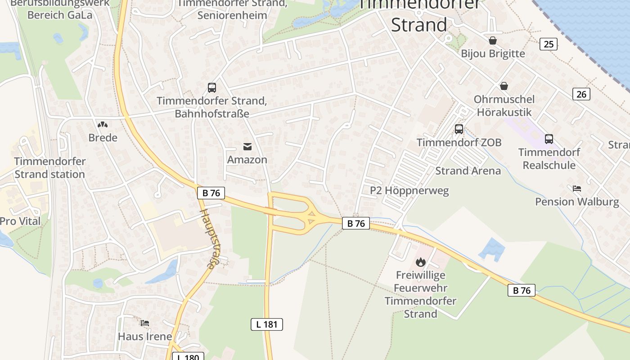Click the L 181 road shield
pyautogui.click(x=266, y=324)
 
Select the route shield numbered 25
pyautogui.click(x=548, y=44)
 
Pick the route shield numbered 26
pyautogui.click(x=581, y=94)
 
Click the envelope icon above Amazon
pyautogui.click(x=247, y=146)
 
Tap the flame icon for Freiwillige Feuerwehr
pyautogui.click(x=420, y=261)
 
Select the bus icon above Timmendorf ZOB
pyautogui.click(x=459, y=129)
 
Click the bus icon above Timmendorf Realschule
pyautogui.click(x=549, y=139)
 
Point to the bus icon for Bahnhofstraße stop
pyautogui.click(x=211, y=88)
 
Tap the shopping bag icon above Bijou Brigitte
pyautogui.click(x=493, y=40)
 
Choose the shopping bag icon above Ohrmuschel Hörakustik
pyautogui.click(x=504, y=86)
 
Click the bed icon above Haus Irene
pyautogui.click(x=144, y=323)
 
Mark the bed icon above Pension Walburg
pyautogui.click(x=577, y=188)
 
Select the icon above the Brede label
pyautogui.click(x=103, y=124)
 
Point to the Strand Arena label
pyautogui.click(x=468, y=171)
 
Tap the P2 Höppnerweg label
pyautogui.click(x=409, y=191)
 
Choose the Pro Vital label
pyautogui.click(x=20, y=221)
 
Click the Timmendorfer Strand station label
pyautogui.click(x=49, y=167)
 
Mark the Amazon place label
pyautogui.click(x=247, y=160)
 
